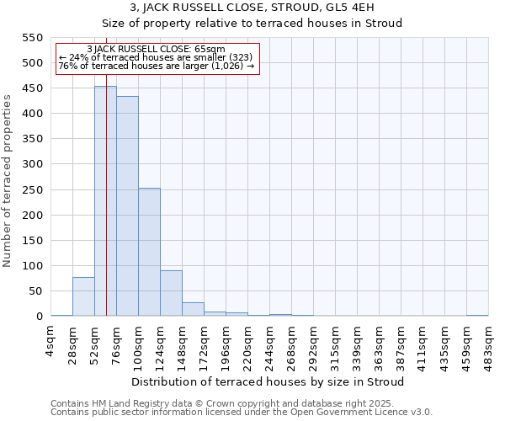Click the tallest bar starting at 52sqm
click(105, 202)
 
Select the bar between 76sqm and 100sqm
click(127, 206)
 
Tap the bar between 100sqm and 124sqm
click(149, 253)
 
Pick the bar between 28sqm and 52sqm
click(83, 296)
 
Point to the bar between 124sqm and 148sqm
click(171, 293)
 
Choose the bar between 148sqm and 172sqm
click(193, 309)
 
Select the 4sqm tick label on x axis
click(50, 341)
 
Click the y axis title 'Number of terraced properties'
click(8, 180)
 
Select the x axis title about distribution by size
click(268, 381)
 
